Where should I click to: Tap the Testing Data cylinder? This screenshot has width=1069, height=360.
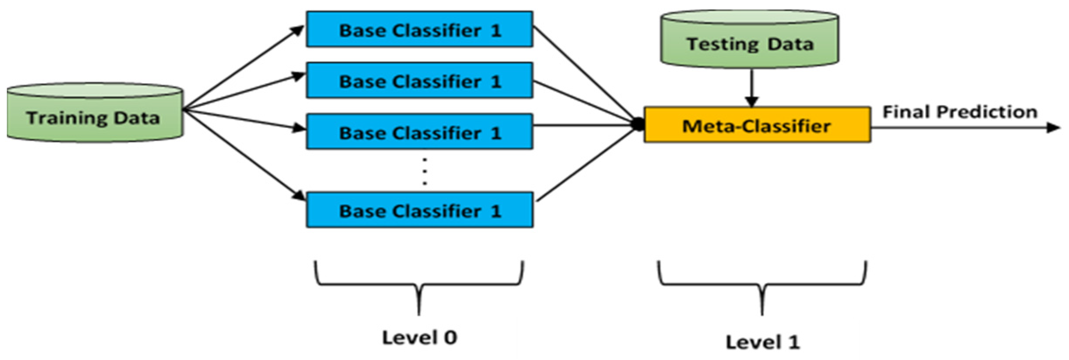(749, 42)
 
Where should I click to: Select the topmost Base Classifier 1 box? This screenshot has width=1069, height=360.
(419, 30)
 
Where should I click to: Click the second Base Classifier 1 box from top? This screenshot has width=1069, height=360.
(419, 81)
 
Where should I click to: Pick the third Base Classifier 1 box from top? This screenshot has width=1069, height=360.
(419, 132)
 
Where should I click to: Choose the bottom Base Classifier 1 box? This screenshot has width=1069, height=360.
(419, 210)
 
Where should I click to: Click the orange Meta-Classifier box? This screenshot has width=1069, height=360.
(757, 125)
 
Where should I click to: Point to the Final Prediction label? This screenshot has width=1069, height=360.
(959, 112)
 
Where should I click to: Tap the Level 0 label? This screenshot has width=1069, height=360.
(419, 337)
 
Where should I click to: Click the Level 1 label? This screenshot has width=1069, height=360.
(762, 342)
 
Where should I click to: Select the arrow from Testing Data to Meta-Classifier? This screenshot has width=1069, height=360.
(751, 88)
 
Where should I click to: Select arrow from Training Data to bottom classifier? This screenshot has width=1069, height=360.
(243, 155)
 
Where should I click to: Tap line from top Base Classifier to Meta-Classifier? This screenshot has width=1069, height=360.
(585, 74)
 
